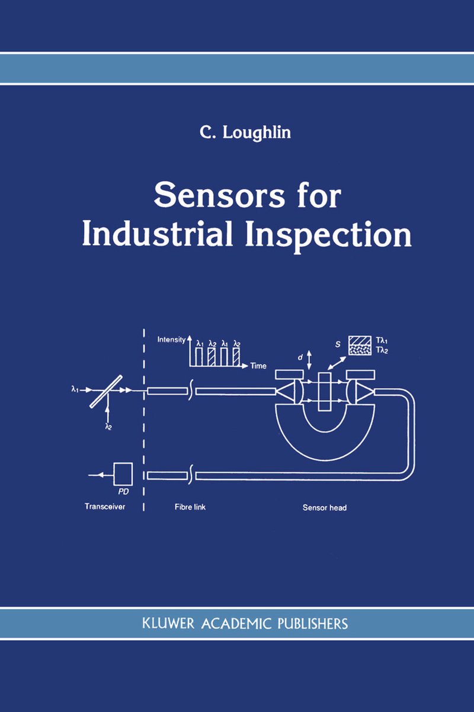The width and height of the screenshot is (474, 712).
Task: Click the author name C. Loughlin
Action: click(245, 132)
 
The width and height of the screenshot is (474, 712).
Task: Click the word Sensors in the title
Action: click(219, 196)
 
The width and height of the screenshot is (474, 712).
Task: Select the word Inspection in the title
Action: click(329, 238)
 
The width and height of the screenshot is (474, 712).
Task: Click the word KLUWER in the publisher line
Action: click(168, 624)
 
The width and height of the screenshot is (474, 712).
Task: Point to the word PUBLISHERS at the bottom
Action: click(313, 624)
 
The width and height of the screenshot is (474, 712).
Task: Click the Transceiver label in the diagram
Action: click(105, 506)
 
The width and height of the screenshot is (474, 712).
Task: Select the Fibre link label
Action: click(190, 507)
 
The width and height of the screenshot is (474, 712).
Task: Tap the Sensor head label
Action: click(325, 508)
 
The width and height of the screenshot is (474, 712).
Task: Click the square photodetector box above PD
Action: click(123, 474)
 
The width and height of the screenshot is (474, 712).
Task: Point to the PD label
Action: click(123, 492)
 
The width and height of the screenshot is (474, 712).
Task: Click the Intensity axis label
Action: click(171, 339)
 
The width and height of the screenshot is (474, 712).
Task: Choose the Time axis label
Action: click(258, 366)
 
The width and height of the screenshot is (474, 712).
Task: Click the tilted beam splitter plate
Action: click(106, 391)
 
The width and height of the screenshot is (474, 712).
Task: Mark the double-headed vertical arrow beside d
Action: click(309, 360)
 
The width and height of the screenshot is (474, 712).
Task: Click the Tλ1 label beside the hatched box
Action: click(382, 341)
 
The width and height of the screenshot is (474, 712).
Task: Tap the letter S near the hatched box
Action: click(338, 344)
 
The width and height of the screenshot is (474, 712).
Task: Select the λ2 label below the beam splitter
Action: click(108, 427)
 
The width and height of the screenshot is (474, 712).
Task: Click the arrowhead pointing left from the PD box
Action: click(100, 475)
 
